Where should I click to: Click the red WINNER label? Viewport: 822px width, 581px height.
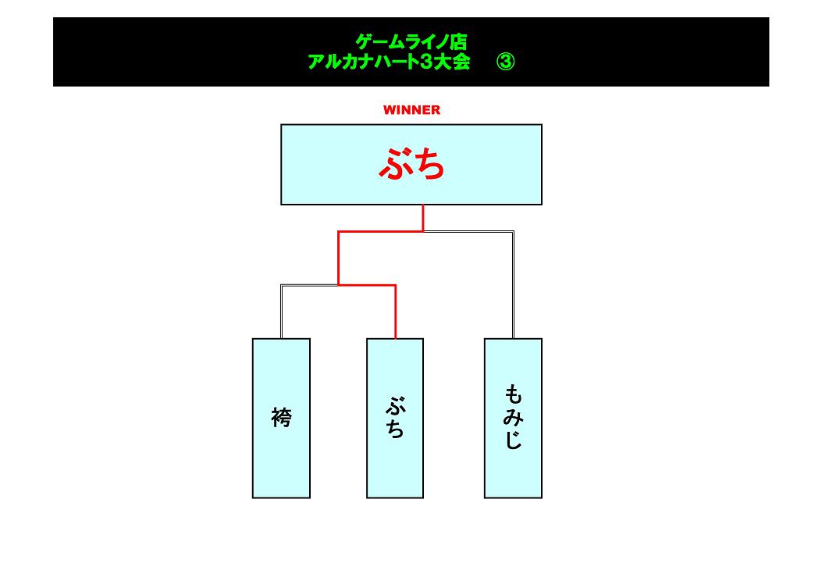(411, 110)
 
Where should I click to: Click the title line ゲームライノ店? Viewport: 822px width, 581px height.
(411, 41)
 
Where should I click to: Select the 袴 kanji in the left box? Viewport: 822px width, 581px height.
(281, 419)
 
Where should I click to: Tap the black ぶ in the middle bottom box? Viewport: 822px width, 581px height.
(395, 407)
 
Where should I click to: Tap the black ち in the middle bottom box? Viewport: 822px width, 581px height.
(395, 429)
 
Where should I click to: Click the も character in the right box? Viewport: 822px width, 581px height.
(513, 393)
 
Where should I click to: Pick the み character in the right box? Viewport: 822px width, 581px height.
(513, 418)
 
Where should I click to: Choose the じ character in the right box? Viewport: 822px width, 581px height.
(513, 441)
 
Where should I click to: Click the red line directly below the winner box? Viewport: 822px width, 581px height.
(423, 218)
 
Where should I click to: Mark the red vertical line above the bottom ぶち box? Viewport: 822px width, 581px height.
(395, 312)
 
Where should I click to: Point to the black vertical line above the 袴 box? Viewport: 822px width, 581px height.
(281, 312)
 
